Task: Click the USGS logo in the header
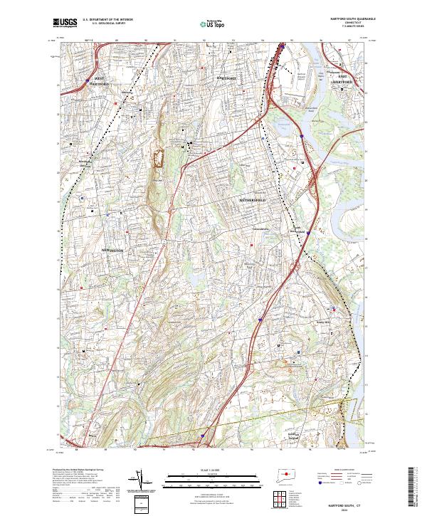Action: coord(64,23)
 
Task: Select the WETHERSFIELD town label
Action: coord(252,201)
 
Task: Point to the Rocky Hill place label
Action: coord(325,322)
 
